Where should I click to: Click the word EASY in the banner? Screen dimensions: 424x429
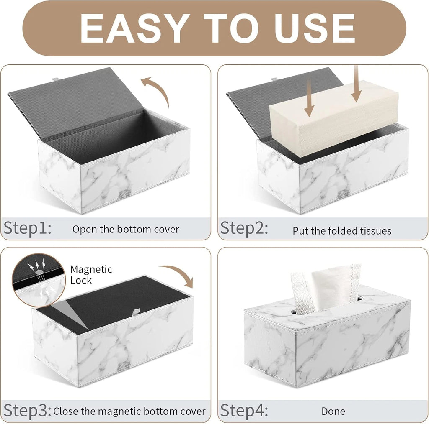click(x=133, y=28)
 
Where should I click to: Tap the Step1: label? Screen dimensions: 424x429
click(x=28, y=228)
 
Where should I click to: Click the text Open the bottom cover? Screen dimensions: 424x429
click(x=126, y=229)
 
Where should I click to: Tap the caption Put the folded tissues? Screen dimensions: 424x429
click(x=342, y=231)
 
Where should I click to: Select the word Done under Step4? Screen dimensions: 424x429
click(x=333, y=411)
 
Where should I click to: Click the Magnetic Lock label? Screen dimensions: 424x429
click(x=91, y=275)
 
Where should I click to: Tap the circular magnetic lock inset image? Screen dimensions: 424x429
click(x=39, y=281)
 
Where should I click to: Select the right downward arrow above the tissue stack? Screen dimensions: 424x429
click(x=356, y=84)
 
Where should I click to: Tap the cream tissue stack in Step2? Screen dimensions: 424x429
click(x=333, y=119)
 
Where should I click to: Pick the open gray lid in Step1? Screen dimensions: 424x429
click(x=75, y=100)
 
